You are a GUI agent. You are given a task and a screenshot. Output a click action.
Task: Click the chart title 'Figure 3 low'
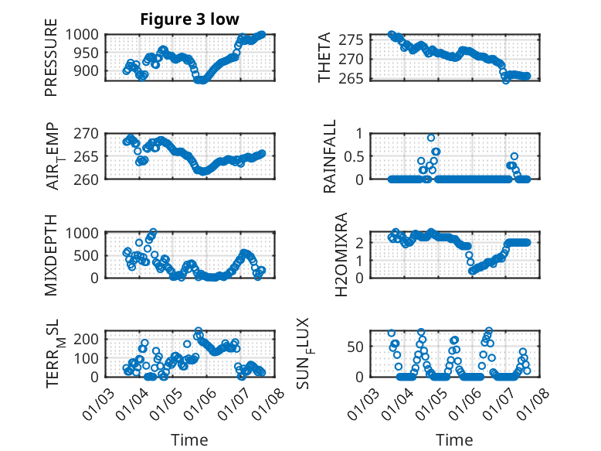[189, 19]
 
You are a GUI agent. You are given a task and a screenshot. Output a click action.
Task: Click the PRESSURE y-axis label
[51, 62]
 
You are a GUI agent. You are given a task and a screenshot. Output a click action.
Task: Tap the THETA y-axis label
[324, 57]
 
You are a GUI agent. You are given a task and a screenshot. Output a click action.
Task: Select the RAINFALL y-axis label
[330, 155]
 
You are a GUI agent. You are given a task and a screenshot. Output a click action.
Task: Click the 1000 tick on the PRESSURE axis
[82, 34]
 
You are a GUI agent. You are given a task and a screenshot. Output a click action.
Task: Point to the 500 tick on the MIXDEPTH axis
[86, 255]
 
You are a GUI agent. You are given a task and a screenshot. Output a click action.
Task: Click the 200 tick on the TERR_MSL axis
[86, 339]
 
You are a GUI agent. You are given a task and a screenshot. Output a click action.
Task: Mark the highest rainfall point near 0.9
[431, 138]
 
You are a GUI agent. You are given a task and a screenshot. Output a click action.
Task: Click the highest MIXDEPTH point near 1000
[153, 232]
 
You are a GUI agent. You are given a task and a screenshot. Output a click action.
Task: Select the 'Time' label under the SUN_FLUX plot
[455, 439]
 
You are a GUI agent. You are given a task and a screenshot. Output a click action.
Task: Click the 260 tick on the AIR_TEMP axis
[86, 179]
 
